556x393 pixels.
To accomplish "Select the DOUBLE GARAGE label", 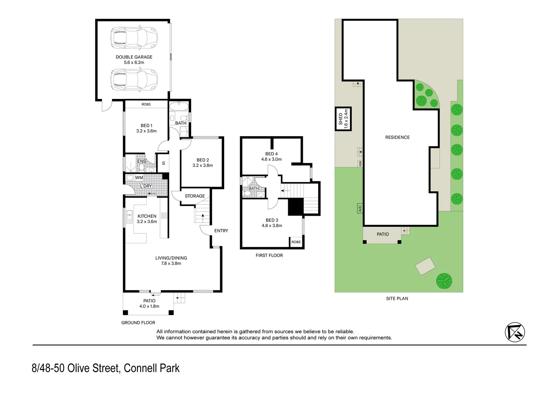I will [134, 57].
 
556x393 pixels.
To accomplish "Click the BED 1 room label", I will [146, 126].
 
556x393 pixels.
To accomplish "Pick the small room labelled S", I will [163, 163].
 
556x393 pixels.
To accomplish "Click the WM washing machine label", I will [139, 178].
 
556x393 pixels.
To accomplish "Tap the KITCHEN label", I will [147, 216].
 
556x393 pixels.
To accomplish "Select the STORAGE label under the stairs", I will [195, 196].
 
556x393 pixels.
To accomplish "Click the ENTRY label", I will [221, 231].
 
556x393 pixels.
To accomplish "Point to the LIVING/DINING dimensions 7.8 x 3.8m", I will [171, 263].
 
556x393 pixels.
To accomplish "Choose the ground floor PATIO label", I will [149, 301].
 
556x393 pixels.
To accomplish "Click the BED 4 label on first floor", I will [271, 154].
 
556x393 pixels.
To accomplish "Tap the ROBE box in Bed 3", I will [296, 242].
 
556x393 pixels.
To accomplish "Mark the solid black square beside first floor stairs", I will [295, 207].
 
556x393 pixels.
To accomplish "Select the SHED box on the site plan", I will [343, 119].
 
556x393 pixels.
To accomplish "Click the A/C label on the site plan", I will [360, 209].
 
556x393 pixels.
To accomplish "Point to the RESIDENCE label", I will [397, 138].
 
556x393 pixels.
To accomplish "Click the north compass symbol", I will [515, 332].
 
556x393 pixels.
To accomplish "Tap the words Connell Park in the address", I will [152, 368].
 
